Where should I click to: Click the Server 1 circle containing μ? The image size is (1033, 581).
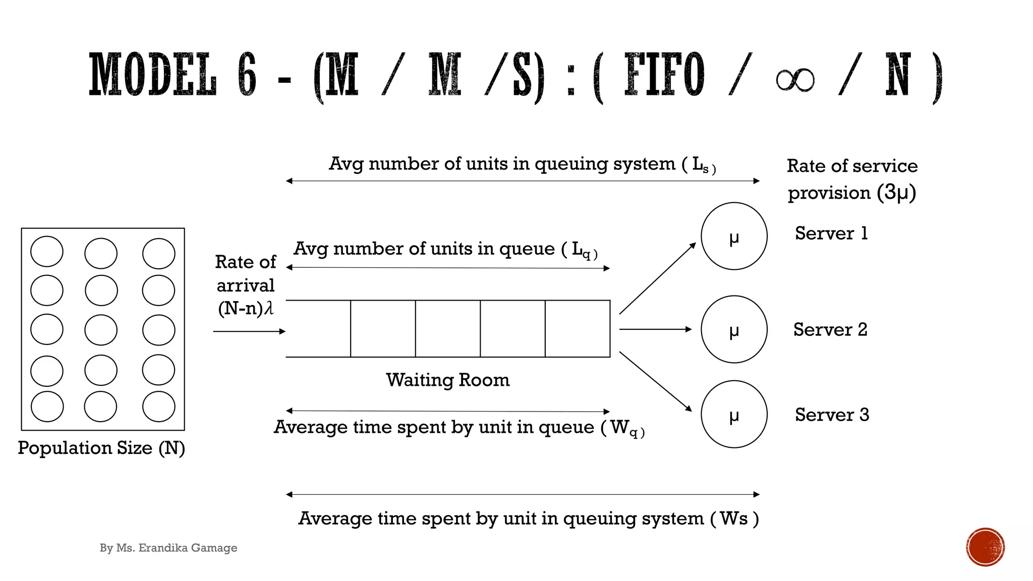tap(734, 236)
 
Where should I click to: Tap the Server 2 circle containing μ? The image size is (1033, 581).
tap(734, 329)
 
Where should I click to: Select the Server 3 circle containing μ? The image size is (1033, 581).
tap(734, 414)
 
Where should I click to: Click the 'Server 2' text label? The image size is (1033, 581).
tap(830, 329)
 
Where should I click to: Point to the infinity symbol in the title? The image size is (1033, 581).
tap(795, 80)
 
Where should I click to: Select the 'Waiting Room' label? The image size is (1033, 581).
tap(447, 380)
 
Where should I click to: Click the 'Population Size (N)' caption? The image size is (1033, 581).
tap(101, 448)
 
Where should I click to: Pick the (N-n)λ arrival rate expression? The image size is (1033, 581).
tap(246, 308)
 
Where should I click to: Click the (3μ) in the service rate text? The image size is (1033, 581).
tap(896, 192)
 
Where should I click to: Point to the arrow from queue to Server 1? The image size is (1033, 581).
tap(657, 278)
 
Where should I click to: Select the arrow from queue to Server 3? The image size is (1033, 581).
tap(655, 381)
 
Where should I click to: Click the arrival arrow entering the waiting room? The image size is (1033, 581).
tap(249, 331)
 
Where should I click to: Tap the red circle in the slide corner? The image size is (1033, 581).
tap(985, 547)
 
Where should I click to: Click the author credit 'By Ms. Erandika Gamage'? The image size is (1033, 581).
tap(168, 548)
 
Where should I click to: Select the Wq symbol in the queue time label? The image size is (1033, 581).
tap(624, 428)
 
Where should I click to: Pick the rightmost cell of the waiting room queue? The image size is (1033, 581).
tap(578, 329)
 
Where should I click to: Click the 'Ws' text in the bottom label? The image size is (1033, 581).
tap(734, 518)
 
